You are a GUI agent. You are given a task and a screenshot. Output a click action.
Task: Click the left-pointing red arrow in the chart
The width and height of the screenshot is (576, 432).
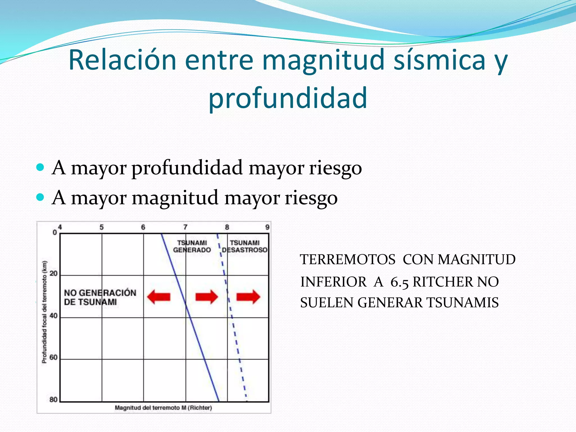pyautogui.click(x=159, y=297)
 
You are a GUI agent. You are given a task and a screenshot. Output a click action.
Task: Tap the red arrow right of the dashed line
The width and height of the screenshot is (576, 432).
pyautogui.click(x=248, y=297)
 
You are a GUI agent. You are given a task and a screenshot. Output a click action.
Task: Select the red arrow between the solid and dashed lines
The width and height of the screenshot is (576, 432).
pyautogui.click(x=207, y=297)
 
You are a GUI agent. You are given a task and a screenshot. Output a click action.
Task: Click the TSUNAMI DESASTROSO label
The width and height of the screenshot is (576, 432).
pyautogui.click(x=245, y=246)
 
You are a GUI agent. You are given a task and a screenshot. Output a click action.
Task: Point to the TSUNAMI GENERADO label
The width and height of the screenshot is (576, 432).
pyautogui.click(x=192, y=246)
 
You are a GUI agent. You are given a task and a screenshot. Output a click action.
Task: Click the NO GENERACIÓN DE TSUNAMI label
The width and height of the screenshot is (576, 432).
pyautogui.click(x=100, y=297)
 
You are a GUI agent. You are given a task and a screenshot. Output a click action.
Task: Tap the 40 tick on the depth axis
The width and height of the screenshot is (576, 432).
pyautogui.click(x=53, y=316)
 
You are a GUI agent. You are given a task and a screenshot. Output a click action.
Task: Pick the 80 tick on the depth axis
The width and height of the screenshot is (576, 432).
pyautogui.click(x=53, y=399)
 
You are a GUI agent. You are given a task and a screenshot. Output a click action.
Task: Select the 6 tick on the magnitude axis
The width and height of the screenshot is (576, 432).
pyautogui.click(x=143, y=227)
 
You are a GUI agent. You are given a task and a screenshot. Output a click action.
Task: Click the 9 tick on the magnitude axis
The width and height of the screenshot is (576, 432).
pyautogui.click(x=267, y=227)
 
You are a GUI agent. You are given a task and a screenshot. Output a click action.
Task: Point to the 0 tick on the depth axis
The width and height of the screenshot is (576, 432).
pyautogui.click(x=55, y=233)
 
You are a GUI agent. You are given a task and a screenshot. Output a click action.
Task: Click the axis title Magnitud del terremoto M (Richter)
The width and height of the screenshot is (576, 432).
pyautogui.click(x=163, y=408)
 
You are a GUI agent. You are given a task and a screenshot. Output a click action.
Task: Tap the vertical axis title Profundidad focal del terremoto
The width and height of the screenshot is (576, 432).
pyautogui.click(x=44, y=312)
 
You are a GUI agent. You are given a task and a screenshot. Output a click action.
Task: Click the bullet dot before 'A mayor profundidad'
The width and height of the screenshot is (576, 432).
pyautogui.click(x=40, y=168)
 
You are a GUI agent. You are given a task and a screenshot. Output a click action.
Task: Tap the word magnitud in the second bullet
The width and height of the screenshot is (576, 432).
pyautogui.click(x=175, y=198)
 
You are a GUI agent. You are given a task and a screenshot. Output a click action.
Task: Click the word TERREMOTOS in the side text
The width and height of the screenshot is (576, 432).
pyautogui.click(x=348, y=259)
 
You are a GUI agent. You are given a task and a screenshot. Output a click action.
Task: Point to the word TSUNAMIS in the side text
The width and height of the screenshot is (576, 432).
pyautogui.click(x=462, y=303)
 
